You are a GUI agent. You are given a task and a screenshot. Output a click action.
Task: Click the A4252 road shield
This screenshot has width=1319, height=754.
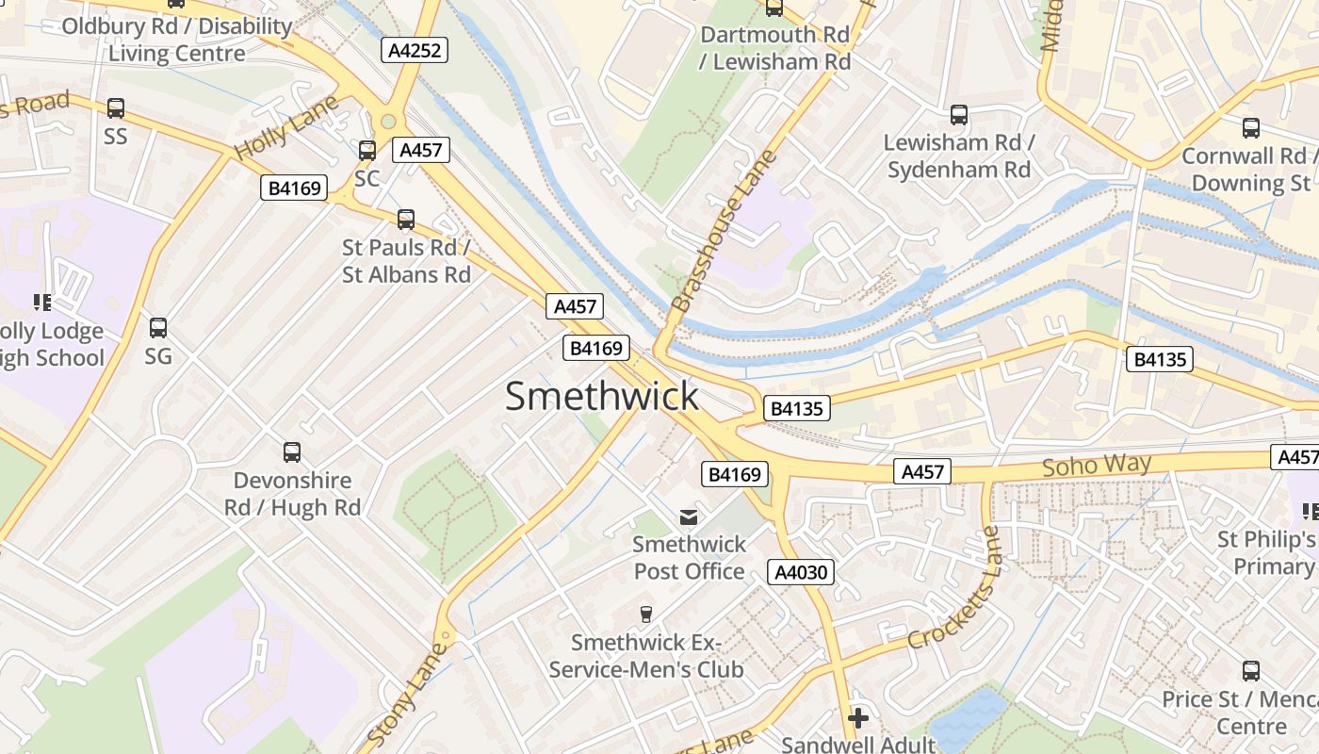[415, 50]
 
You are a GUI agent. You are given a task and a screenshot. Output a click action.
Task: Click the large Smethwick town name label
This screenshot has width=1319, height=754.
[602, 397]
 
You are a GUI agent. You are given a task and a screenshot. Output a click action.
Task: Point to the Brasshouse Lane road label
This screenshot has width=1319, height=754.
[723, 231]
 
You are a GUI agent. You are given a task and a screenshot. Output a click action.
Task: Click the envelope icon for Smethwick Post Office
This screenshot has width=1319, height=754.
[690, 516]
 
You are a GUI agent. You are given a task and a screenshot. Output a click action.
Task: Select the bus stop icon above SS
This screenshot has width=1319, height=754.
[115, 108]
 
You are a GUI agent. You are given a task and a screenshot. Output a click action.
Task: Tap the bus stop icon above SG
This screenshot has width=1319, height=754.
[158, 328]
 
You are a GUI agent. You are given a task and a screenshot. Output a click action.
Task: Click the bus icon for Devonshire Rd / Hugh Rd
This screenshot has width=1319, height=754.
[292, 452]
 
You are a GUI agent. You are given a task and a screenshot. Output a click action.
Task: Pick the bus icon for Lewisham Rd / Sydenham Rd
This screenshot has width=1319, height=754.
[959, 115]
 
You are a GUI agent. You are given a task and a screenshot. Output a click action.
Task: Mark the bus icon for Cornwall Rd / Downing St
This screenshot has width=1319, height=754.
[1251, 128]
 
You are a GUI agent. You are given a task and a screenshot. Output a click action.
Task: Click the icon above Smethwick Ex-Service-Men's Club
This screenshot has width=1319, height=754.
[645, 615]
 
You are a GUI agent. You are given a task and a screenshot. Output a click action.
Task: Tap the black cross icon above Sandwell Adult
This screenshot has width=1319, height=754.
[857, 718]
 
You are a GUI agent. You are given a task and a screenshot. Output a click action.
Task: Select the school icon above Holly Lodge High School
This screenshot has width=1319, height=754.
[42, 303]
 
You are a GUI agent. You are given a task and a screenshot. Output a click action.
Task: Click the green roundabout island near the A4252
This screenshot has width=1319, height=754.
[388, 121]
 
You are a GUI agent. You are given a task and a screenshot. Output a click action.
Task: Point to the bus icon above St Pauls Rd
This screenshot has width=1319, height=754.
[406, 220]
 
